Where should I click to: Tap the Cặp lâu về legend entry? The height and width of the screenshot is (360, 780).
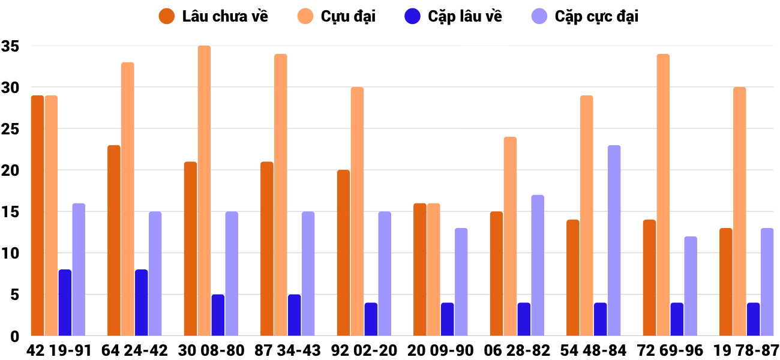point(464,16)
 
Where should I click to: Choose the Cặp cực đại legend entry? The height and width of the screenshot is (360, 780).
point(596,16)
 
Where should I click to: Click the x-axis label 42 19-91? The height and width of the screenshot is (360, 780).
point(59,350)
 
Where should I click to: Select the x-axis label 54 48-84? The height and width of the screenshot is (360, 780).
point(594,350)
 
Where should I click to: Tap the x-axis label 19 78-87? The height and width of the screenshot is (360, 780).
point(746,350)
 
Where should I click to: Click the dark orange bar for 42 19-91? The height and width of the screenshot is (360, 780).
point(37,216)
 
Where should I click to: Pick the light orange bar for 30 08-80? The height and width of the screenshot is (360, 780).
point(204,191)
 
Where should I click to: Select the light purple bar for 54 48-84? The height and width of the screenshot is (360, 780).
point(614,241)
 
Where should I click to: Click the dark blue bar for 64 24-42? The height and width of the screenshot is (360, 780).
point(141,303)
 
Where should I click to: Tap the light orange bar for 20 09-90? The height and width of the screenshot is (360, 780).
point(434,270)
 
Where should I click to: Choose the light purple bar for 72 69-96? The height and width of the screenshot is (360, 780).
point(691,286)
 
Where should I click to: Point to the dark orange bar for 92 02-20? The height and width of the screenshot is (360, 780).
point(343,253)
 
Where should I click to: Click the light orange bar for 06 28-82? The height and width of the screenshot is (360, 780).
point(510,236)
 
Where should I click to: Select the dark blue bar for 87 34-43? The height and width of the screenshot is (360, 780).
point(294,315)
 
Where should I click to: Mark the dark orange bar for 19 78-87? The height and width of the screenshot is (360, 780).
point(725,282)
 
